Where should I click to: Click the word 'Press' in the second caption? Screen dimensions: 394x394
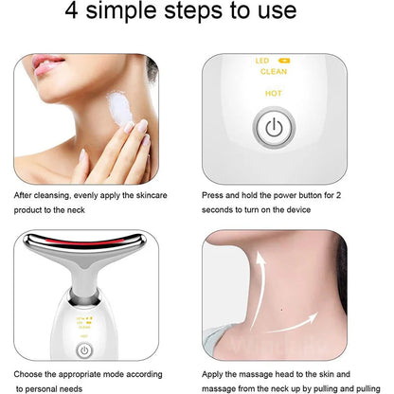[x=217, y=195]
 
